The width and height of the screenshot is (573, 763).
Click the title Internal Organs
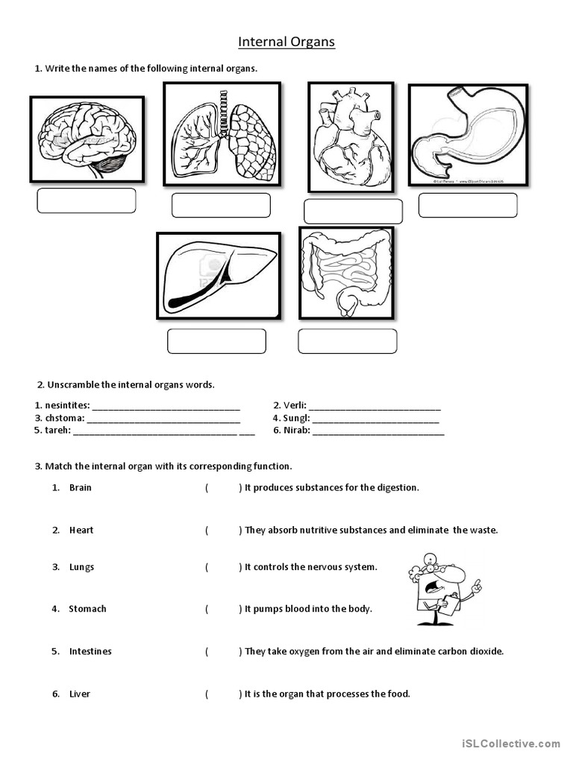coord(286,42)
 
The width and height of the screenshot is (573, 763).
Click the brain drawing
coord(87,139)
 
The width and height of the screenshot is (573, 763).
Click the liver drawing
coord(219,276)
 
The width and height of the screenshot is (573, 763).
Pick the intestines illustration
coord(346,273)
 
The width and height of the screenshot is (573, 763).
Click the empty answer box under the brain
coord(87,200)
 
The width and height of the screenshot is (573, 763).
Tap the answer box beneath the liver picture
coord(216,341)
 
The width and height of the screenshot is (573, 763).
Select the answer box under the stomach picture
coord(468,205)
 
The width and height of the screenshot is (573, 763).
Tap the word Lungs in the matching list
coord(81,567)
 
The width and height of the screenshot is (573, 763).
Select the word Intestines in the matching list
coord(90,651)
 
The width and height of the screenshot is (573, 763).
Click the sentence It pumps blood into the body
coord(308,609)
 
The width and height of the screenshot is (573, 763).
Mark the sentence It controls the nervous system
coord(311,567)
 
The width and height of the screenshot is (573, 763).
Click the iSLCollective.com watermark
coord(510,743)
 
